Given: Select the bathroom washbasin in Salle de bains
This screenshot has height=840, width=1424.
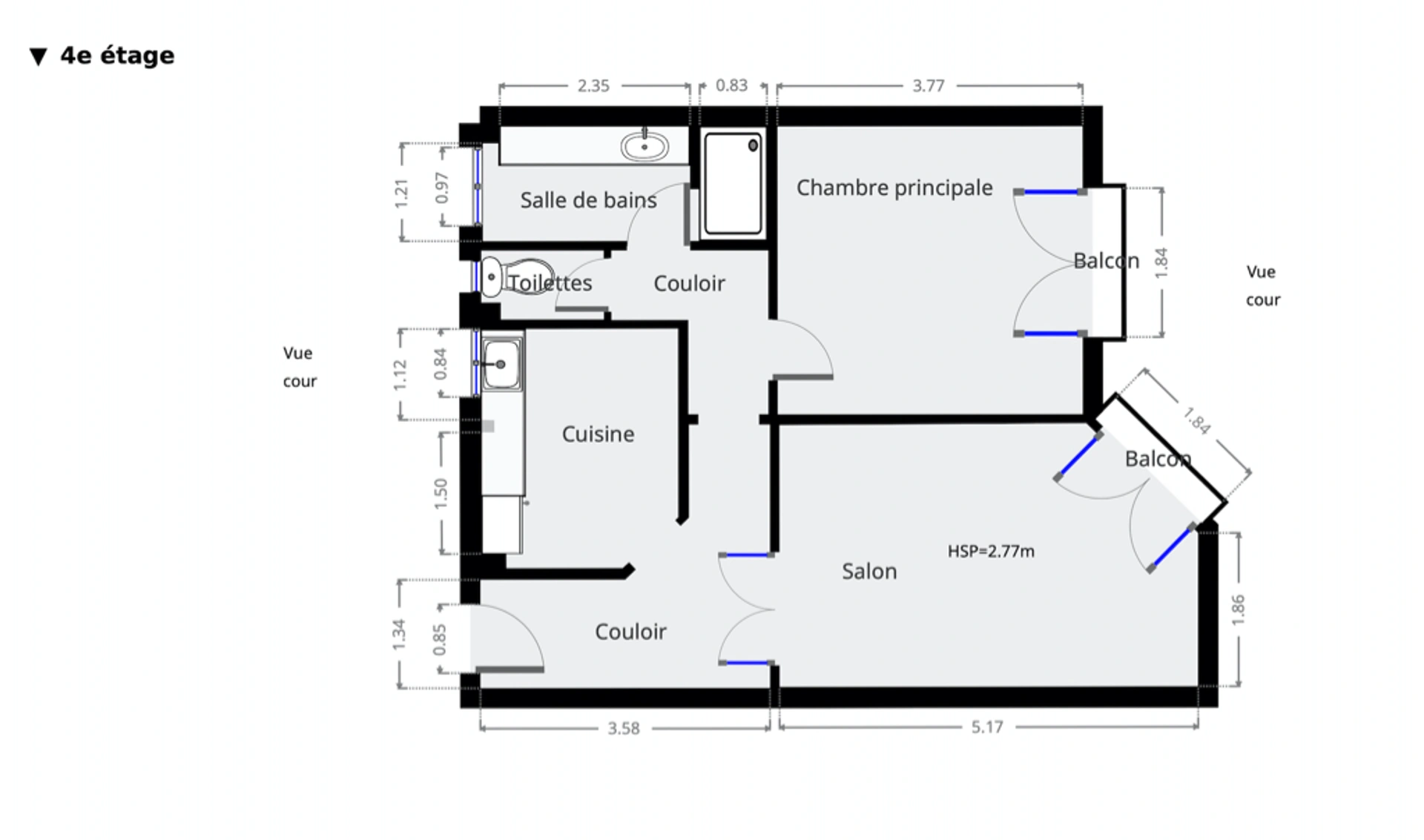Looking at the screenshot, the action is (645, 146).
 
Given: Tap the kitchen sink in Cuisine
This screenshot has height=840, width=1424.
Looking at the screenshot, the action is (501, 364).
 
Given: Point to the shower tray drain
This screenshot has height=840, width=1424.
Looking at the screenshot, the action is (753, 145).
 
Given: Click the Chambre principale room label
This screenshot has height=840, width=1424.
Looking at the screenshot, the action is (894, 188).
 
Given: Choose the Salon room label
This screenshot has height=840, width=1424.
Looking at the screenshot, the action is (869, 571).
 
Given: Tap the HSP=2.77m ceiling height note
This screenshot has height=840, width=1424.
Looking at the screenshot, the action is (991, 551).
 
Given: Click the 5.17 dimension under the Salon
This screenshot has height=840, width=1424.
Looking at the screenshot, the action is (987, 727).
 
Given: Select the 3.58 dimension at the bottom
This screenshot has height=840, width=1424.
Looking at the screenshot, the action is (624, 728).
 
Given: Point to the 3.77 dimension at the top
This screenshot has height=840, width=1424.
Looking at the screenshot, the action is (929, 86).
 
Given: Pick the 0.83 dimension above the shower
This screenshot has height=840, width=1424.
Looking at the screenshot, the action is (731, 85).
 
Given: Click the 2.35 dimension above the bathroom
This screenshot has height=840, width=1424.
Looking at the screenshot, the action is (593, 86).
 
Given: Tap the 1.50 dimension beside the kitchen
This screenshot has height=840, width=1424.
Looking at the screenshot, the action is (441, 493).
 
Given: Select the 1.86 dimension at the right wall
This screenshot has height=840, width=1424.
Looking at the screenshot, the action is (1237, 610).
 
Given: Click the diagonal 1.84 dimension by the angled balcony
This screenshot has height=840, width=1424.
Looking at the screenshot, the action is (1197, 420).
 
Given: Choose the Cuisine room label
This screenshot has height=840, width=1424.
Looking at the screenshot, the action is (598, 434).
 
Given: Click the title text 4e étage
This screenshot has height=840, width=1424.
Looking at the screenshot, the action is (117, 56).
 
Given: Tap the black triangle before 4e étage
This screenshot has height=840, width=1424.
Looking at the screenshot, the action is (39, 57).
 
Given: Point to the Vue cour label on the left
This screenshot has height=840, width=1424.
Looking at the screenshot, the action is (300, 367).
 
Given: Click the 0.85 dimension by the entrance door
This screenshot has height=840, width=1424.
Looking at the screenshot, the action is (439, 639).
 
